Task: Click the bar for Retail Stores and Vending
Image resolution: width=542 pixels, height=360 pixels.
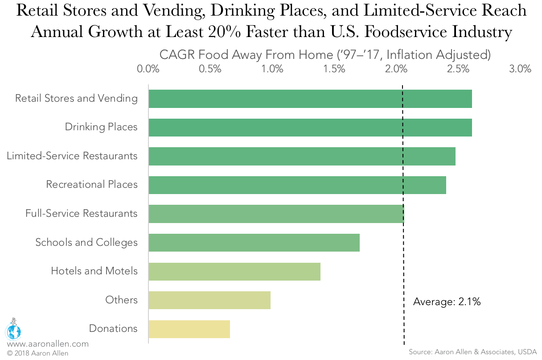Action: point(310,99)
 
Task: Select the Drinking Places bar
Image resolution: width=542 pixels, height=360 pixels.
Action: point(310,127)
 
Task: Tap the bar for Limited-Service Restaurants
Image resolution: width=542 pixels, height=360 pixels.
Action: point(302,156)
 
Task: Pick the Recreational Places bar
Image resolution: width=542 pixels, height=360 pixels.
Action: point(297,185)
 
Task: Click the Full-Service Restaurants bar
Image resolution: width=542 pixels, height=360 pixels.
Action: point(276,214)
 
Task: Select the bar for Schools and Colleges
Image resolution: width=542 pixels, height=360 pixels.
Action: point(254,242)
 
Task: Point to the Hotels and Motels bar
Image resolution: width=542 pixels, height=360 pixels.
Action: point(234,271)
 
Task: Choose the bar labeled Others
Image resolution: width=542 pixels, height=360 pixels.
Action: point(209,300)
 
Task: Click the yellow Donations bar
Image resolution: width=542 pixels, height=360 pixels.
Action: point(189,329)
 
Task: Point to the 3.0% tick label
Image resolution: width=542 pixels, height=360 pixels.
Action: point(520,69)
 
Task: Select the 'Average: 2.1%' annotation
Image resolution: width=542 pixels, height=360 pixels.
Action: point(447,302)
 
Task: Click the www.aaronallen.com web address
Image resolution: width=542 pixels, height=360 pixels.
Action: point(47,344)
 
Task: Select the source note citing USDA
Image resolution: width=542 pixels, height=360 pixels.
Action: point(472,352)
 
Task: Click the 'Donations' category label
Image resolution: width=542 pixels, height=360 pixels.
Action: point(113,328)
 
